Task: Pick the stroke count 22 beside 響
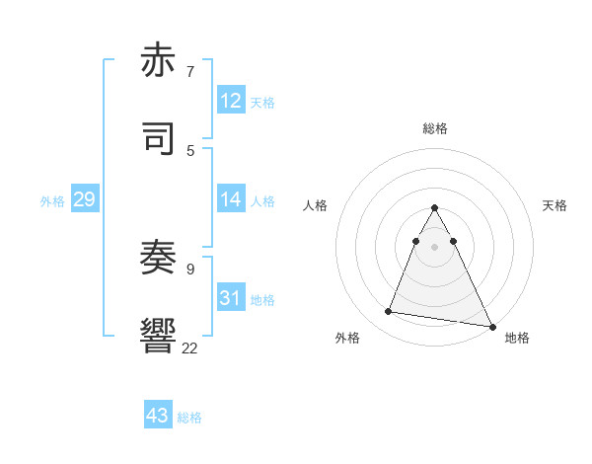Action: pos(189,347)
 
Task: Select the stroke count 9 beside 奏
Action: pos(189,268)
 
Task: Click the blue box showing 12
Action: pos(230,100)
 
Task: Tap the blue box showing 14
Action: pos(230,199)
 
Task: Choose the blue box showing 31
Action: pos(230,298)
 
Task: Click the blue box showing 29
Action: pos(84,199)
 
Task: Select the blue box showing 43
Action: pos(158,416)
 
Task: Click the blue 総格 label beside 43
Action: pos(189,418)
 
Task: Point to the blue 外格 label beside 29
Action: pos(52,201)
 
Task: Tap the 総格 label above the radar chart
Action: pos(434,128)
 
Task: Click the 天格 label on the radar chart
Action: pos(555,205)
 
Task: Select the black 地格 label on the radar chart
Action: pos(517,338)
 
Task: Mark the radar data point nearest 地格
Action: pos(491,327)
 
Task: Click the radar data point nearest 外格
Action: pos(389,312)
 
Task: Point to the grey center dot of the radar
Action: pos(434,247)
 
